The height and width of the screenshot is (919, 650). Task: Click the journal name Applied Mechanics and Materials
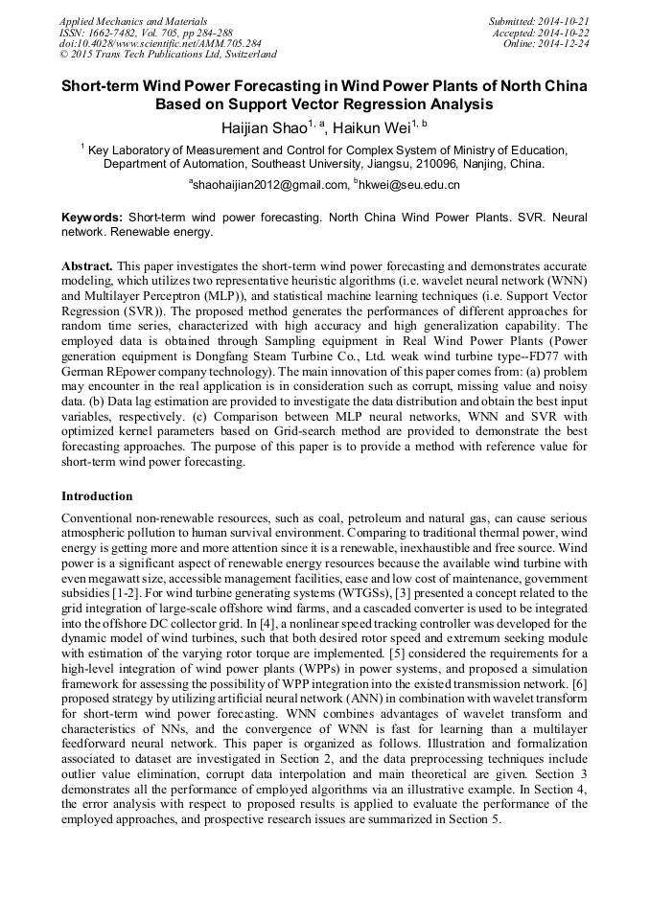click(132, 21)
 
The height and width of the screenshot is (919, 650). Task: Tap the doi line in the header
click(159, 44)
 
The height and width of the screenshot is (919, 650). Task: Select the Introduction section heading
click(97, 496)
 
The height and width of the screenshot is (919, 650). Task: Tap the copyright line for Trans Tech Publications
click(168, 56)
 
